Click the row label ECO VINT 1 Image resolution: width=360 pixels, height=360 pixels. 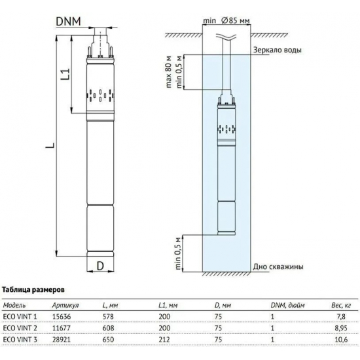pos(21,316)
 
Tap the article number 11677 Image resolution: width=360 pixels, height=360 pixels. pos(61,327)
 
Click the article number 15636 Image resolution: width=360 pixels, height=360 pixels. pos(61,316)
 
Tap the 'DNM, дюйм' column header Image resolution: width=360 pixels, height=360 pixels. pos(287,305)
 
